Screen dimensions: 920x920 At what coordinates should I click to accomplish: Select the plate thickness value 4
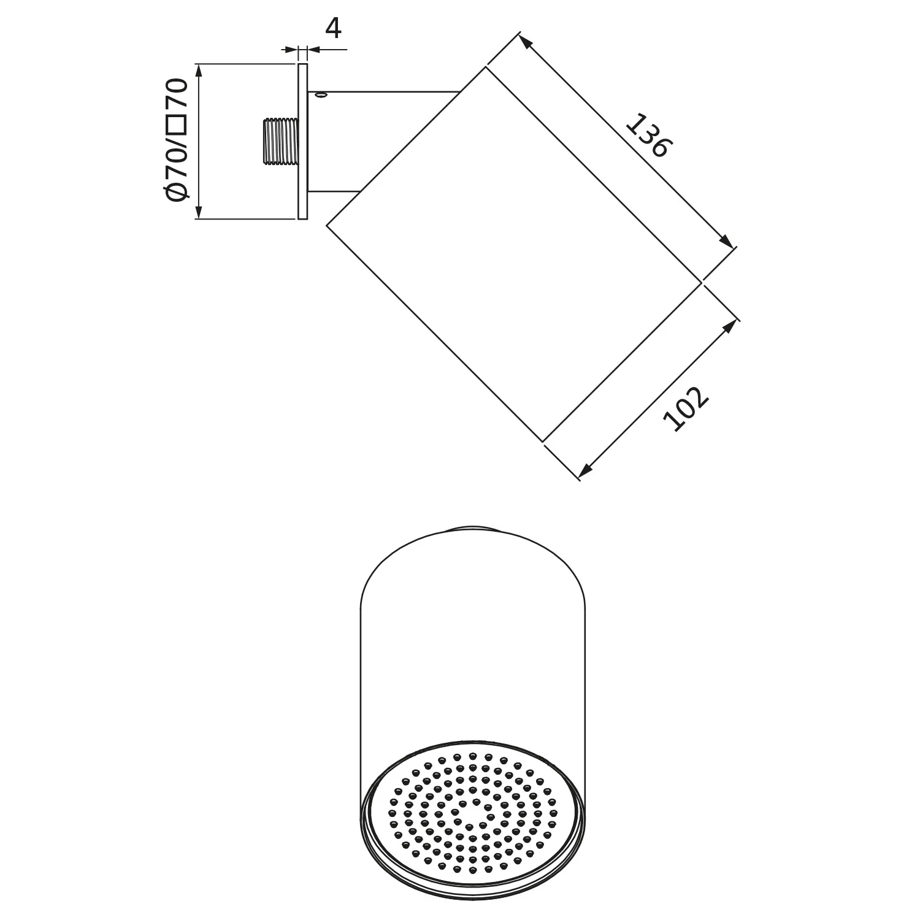[332, 29]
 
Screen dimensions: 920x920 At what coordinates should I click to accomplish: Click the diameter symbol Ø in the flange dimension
[176, 191]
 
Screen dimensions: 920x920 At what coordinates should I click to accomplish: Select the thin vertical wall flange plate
[302, 140]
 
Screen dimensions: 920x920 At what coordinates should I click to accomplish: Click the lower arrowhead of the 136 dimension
[727, 243]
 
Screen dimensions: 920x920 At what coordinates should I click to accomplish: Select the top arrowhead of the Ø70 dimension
[198, 69]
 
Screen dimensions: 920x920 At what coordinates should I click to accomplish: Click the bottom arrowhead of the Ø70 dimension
[198, 212]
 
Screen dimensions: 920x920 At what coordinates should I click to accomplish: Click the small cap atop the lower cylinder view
[472, 527]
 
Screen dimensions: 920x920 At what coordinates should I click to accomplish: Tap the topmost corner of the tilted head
[486, 67]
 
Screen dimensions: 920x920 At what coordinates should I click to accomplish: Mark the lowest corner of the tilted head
[543, 440]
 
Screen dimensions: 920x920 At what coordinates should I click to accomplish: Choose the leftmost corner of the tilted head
[327, 226]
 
